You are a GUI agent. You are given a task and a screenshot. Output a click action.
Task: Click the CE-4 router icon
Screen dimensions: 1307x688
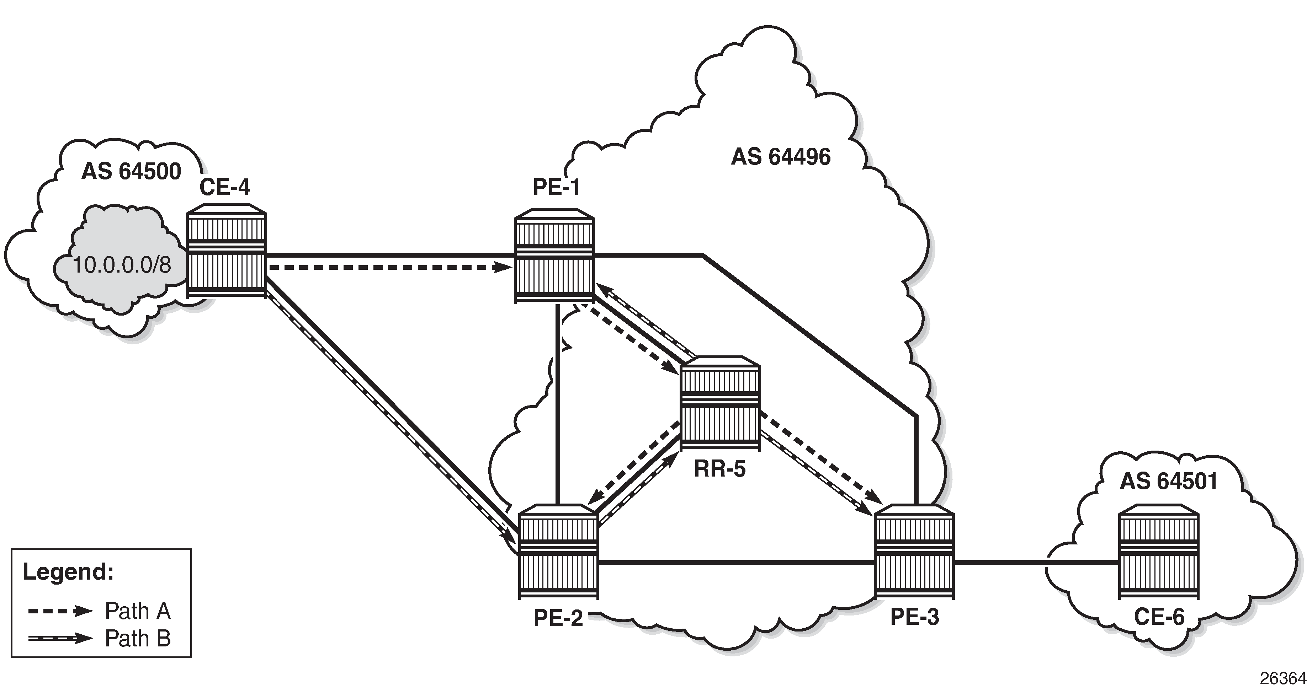click(x=226, y=251)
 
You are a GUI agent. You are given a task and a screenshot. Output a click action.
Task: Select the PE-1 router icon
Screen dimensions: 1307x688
click(x=554, y=256)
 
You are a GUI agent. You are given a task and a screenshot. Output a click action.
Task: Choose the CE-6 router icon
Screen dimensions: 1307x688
click(x=1159, y=551)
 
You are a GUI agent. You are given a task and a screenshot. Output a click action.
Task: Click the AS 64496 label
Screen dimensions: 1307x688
click(x=781, y=157)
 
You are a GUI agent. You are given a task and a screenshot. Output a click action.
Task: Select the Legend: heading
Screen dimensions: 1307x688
click(x=68, y=572)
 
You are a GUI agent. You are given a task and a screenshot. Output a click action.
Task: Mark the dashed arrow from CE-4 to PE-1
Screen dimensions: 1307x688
click(x=389, y=267)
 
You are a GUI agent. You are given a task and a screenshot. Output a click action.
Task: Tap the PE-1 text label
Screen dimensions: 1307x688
click(x=556, y=187)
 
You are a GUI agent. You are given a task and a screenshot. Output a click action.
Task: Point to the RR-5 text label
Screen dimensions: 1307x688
click(x=720, y=469)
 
